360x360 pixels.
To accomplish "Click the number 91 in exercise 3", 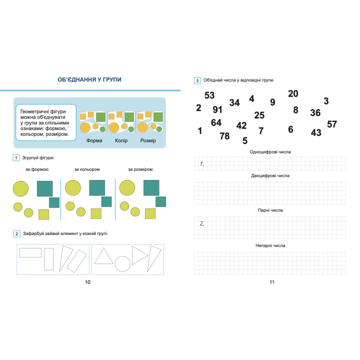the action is point(217,109).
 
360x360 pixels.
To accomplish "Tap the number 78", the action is point(224,136).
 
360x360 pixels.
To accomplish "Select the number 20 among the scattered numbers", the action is point(293,93).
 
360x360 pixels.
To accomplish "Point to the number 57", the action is point(332,124).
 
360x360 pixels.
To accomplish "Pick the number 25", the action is point(259,115).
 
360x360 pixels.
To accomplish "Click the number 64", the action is point(216,122).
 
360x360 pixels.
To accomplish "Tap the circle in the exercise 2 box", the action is point(122,264).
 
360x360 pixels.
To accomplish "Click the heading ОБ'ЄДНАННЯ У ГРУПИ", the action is point(89,79).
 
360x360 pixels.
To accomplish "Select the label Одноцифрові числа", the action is point(270,152).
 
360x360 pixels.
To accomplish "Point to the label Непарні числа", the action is point(270,245).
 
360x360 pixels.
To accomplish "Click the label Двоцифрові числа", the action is point(270,175).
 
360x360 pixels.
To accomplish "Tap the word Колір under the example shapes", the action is point(121,140).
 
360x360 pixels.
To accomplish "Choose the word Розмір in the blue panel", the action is point(148,140).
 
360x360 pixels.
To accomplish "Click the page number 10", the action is point(87,282).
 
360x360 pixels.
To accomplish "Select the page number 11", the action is point(272,282).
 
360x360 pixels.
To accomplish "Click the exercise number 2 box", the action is point(17,234).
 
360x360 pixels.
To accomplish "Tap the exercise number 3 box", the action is point(197,80).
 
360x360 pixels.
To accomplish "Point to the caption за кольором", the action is point(87,169).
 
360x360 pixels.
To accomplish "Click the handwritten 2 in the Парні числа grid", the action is point(202,223).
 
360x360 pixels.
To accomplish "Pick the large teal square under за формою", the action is point(45,188).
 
